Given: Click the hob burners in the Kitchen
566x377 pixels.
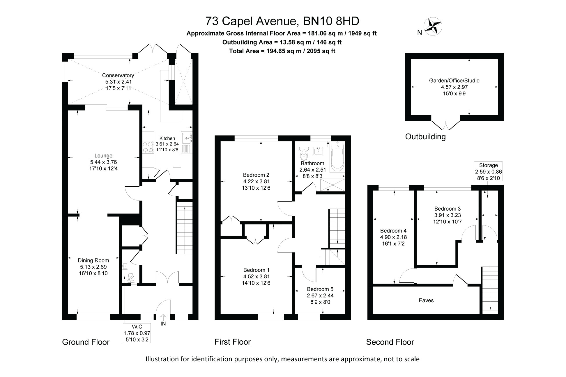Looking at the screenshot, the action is click(148, 147).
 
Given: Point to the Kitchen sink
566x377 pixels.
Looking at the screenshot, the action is click(186, 138).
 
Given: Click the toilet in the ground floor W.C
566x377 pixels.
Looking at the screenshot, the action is click(130, 278).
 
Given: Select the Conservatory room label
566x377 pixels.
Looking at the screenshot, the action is click(118, 75).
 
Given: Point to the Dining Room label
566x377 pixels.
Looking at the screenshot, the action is click(93, 260).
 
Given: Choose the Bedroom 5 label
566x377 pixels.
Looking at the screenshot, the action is click(320, 289).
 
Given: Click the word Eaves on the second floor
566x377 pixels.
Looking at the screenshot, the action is click(426, 300).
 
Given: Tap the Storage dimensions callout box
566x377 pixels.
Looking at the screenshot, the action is click(488, 172).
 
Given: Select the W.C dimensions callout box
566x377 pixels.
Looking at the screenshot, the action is click(137, 333).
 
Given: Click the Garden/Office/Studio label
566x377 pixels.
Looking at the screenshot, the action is click(454, 81).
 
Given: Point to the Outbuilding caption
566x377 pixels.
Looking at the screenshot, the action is click(425, 136).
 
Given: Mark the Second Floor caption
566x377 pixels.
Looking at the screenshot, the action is click(390, 342).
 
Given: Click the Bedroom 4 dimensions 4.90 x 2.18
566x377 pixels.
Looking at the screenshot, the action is click(393, 237).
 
